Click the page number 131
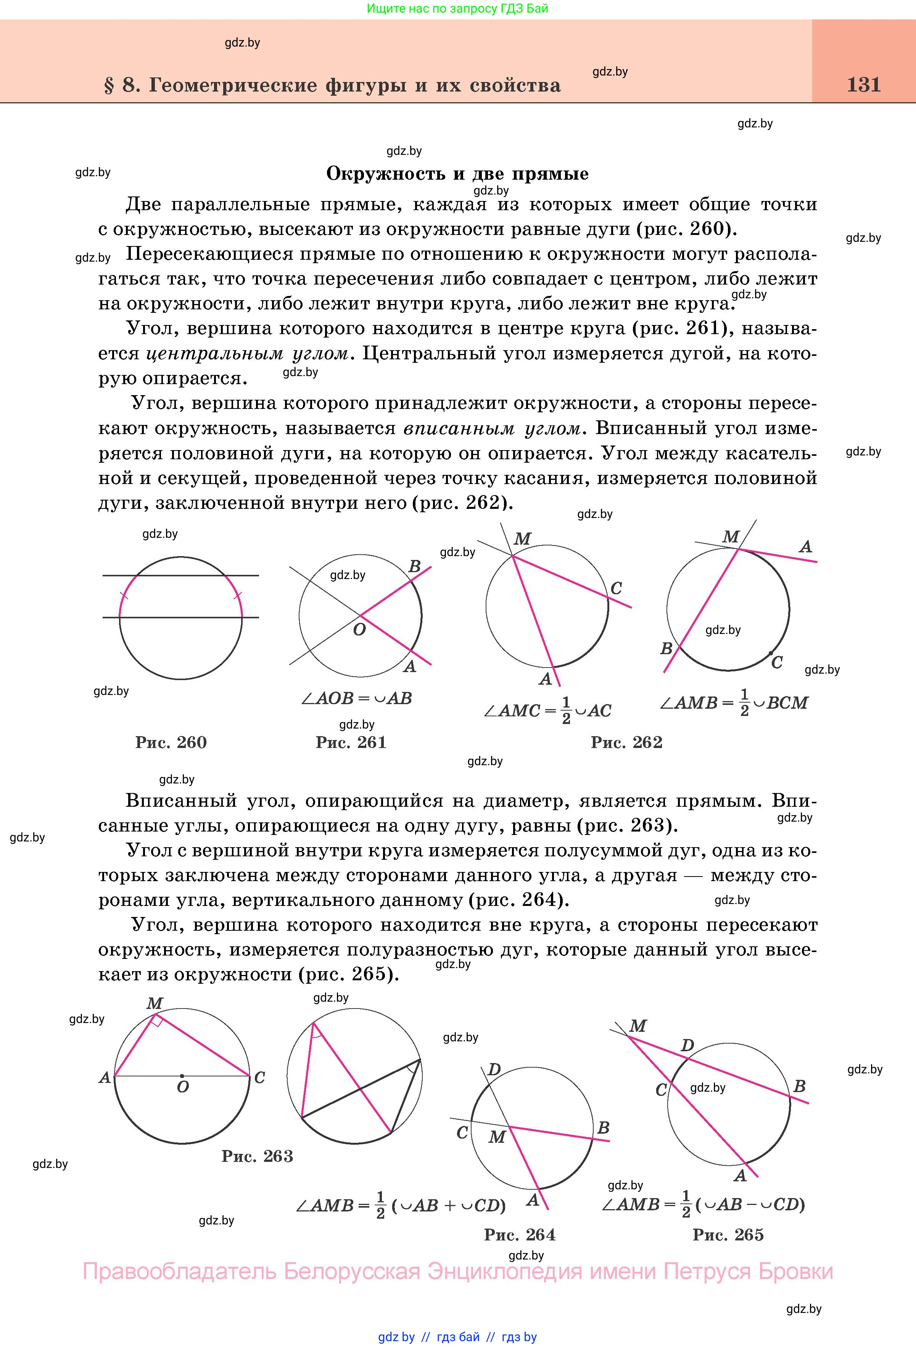coord(863,85)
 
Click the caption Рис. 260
coord(171,742)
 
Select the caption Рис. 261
coord(351,742)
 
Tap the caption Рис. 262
coord(626,742)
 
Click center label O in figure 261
coord(360,630)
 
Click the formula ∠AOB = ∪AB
coord(356,698)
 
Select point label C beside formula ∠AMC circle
coord(616,589)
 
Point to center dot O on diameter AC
coord(182,1076)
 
